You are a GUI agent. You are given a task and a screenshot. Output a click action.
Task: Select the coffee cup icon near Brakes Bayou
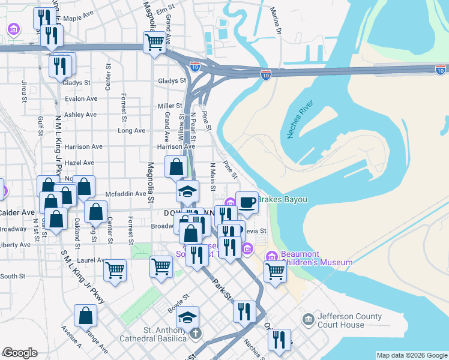click(247, 203)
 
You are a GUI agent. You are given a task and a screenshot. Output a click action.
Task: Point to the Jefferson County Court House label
click(346, 320)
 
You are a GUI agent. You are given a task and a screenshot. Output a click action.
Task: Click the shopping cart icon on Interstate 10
click(154, 43)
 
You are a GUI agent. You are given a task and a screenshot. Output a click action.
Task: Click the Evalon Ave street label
click(81, 98)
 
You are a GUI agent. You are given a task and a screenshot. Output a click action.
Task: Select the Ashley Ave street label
click(80, 115)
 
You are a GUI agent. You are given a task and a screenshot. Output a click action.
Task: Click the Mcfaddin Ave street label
click(126, 194)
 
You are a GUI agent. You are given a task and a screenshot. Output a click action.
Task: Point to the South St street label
click(13, 277)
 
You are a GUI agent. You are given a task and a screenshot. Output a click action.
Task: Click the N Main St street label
click(212, 177)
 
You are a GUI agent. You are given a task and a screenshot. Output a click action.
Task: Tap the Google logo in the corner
click(20, 353)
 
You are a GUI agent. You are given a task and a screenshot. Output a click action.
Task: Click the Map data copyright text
click(411, 355)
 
